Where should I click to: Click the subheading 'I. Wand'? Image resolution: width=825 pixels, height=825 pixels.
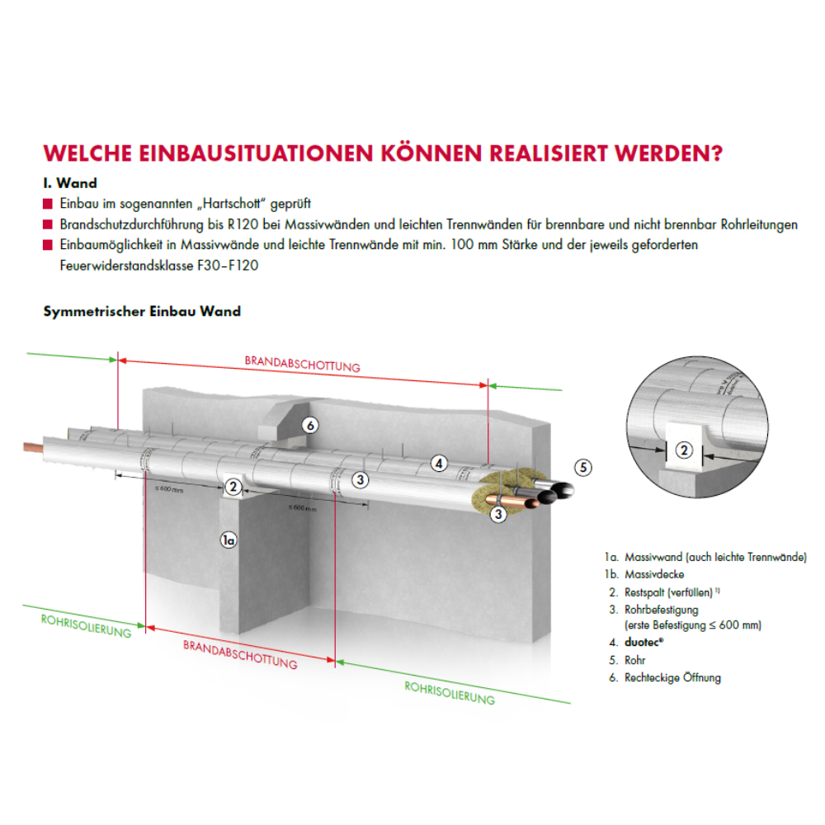[70, 183]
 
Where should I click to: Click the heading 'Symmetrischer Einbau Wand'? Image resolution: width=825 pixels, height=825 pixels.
[142, 311]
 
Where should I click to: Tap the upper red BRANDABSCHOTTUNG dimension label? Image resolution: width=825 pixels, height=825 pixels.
[302, 364]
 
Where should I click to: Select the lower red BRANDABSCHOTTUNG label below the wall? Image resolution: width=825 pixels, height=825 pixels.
[240, 655]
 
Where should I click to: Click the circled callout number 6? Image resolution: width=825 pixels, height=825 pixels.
[310, 426]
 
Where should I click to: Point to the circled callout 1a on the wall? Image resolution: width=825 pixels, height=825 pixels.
[229, 540]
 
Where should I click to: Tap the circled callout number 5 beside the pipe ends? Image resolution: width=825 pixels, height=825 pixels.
[583, 468]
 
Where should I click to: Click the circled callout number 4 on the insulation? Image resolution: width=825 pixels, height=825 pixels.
[440, 464]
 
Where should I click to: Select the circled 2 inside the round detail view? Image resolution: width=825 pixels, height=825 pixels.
[684, 450]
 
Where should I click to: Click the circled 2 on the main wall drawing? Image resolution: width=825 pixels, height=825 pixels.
[233, 487]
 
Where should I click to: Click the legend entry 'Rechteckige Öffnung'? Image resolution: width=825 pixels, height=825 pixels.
[672, 677]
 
